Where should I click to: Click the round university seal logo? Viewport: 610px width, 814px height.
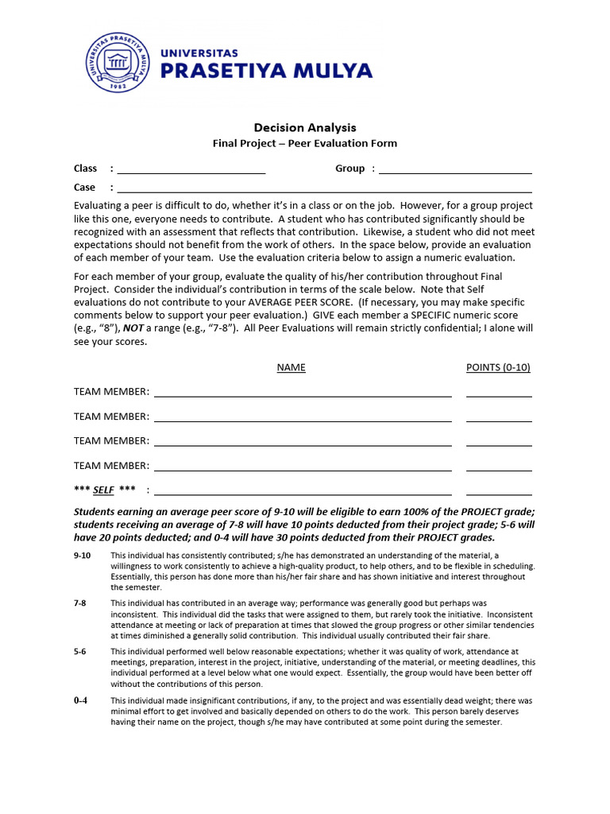[x=118, y=62]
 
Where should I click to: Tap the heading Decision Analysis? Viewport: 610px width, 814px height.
[x=305, y=127]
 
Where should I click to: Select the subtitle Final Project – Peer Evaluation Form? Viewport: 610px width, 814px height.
[x=304, y=143]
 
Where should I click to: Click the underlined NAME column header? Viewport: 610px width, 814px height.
[x=291, y=367]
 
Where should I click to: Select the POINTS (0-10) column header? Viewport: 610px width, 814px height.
[x=498, y=367]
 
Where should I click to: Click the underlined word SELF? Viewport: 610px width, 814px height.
[x=103, y=490]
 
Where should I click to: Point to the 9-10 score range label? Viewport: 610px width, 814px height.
[x=83, y=556]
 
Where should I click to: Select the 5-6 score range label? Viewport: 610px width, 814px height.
[x=80, y=652]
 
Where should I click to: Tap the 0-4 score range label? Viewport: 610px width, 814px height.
[x=80, y=701]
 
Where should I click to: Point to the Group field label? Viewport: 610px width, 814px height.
[x=349, y=169]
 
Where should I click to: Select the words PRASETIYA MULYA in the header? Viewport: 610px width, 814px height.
[x=266, y=71]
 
